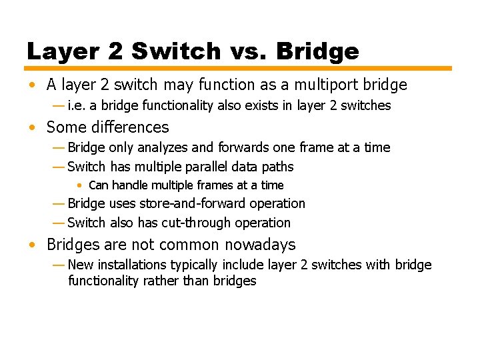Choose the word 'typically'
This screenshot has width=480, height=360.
(197, 265)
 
